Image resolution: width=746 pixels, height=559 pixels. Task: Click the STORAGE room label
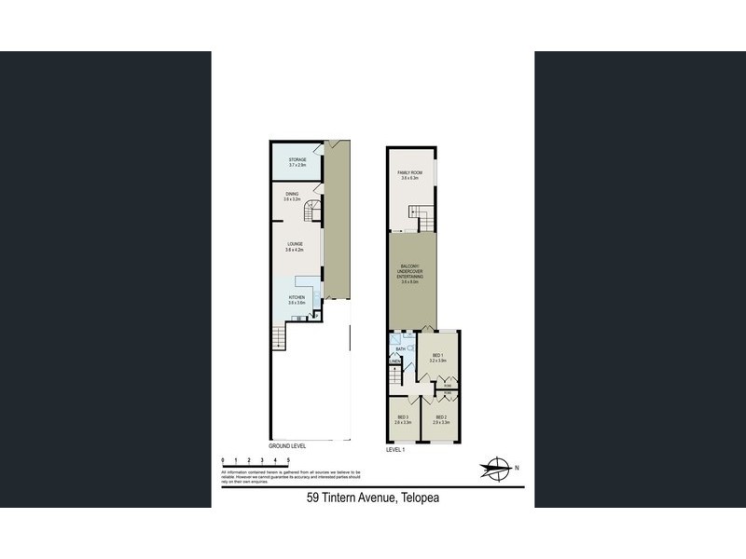[297, 159]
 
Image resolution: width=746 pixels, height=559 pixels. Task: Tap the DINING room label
[293, 194]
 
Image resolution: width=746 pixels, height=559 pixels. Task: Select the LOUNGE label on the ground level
[295, 244]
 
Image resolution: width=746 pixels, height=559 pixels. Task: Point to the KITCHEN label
[297, 297]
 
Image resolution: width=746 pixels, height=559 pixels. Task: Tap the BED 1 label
[439, 355]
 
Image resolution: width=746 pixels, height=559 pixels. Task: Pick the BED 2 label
[441, 417]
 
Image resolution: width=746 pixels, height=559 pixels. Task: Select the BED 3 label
[403, 417]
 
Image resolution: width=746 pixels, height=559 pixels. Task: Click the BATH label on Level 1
[400, 348]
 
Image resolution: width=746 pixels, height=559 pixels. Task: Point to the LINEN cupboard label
[395, 363]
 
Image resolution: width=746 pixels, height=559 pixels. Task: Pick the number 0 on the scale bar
[223, 460]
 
